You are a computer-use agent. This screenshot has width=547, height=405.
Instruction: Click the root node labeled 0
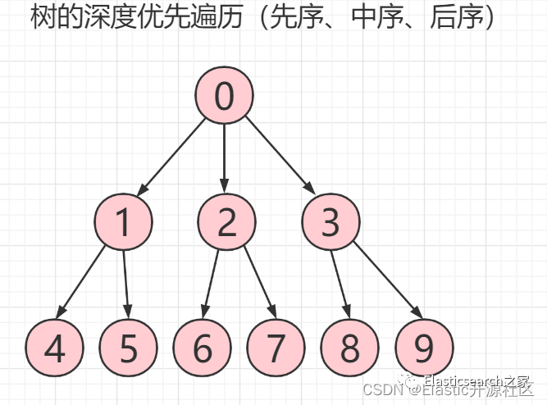tap(224, 96)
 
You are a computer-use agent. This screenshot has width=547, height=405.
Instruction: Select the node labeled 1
tap(123, 222)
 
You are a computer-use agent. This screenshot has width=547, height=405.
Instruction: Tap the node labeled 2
tap(227, 222)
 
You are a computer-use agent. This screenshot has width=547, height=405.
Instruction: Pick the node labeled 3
tap(330, 222)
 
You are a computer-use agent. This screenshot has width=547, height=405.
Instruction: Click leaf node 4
tap(54, 348)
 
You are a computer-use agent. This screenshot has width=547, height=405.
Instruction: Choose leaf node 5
tap(129, 348)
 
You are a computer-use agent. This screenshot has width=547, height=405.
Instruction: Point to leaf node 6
tap(203, 348)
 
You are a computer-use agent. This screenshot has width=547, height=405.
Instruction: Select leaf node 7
tap(276, 348)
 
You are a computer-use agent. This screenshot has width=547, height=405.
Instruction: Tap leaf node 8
tap(350, 348)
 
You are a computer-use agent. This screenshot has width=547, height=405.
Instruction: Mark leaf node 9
tap(423, 348)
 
